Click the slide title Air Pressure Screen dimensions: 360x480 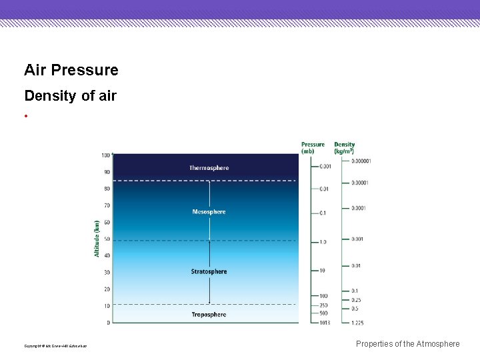[71, 70]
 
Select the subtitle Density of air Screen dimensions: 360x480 [70, 95]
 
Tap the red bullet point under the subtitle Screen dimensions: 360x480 [26, 115]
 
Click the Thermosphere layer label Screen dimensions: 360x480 [209, 168]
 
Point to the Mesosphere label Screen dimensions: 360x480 [209, 212]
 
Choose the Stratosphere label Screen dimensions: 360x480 [209, 271]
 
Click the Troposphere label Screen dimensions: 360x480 [209, 315]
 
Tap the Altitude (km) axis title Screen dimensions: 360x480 [97, 239]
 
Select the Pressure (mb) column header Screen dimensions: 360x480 [313, 147]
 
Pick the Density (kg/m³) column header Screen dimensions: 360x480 [345, 147]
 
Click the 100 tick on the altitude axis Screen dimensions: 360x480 [105, 155]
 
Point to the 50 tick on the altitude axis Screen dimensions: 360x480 [107, 239]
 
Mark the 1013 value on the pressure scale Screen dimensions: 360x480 [323, 323]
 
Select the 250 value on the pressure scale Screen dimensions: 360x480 [323, 306]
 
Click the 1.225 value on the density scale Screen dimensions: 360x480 [359, 323]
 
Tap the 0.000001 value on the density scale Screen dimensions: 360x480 [361, 161]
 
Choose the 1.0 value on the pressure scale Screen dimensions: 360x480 [323, 242]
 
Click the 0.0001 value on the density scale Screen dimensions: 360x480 [359, 209]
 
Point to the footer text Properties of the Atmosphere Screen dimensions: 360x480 [407, 344]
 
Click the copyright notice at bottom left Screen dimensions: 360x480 [55, 346]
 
